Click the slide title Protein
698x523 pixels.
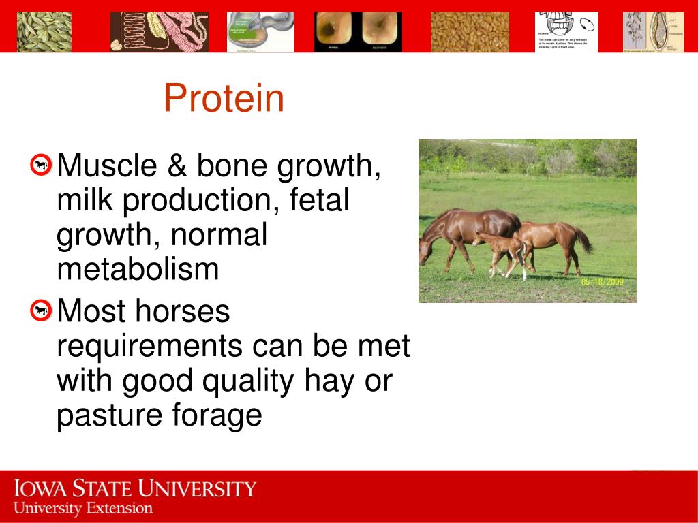coord(224,98)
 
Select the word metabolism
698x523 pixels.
coord(138,269)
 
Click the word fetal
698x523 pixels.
coord(319,200)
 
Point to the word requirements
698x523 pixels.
coord(149,346)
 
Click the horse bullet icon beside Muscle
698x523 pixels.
coord(42,164)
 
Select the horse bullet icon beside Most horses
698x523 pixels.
coord(42,311)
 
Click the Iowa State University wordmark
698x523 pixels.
coord(135,489)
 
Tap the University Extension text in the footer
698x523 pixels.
coord(83,508)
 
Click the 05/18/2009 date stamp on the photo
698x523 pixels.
coord(602,281)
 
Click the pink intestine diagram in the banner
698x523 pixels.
coord(160,32)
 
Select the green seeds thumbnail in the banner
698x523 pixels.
coord(44,32)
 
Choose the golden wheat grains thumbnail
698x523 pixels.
coord(470,32)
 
